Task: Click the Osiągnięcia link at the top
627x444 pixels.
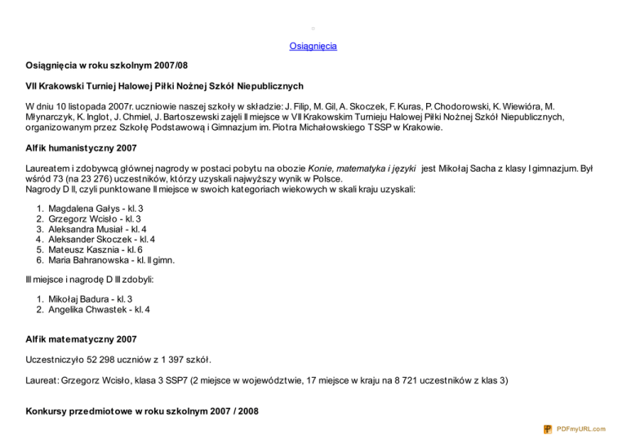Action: pos(313,47)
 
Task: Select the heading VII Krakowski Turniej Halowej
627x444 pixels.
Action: pos(164,86)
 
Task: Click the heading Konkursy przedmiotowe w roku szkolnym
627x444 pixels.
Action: pos(142,410)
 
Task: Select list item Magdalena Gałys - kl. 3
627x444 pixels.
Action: pos(96,209)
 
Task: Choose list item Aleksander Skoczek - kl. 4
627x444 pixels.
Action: pos(101,240)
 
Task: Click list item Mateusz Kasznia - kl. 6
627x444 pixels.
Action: pos(94,250)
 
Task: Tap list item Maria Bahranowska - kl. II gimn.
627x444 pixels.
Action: pos(111,261)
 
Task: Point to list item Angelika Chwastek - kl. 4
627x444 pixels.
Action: pos(99,310)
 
